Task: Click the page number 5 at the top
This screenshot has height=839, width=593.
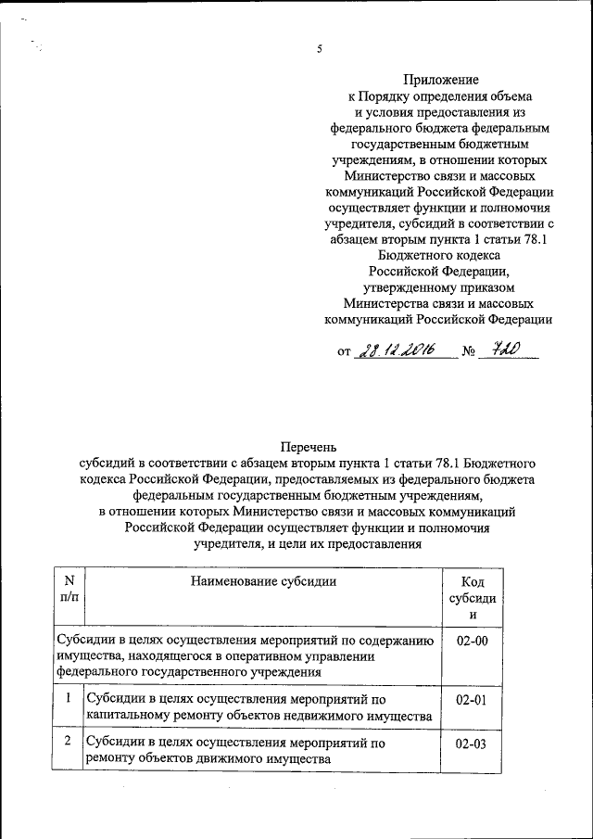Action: (x=318, y=51)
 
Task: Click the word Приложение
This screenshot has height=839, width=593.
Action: (x=440, y=80)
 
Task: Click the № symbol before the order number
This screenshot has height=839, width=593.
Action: (x=469, y=352)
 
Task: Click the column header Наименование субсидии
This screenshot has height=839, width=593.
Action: (x=263, y=581)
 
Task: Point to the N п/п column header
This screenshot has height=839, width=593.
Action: (x=69, y=590)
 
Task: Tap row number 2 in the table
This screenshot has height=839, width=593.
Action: (x=69, y=743)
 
